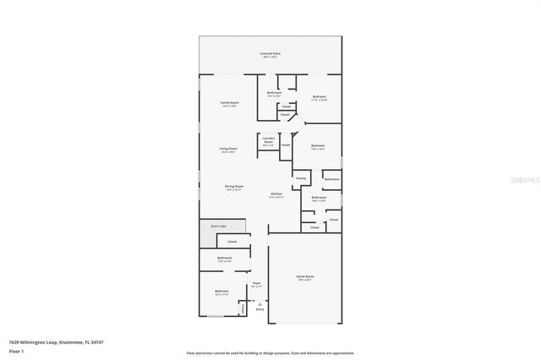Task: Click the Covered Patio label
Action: (x=270, y=53)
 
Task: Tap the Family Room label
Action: (x=229, y=102)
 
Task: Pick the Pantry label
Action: (x=300, y=178)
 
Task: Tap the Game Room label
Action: (x=304, y=276)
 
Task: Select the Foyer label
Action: (x=256, y=284)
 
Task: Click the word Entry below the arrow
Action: (x=260, y=309)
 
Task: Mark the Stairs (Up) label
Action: (x=217, y=226)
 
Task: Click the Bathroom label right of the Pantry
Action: (x=331, y=178)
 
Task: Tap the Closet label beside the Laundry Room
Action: (x=286, y=145)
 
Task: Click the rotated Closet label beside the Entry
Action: (x=243, y=308)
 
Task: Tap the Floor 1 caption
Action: (x=16, y=352)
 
